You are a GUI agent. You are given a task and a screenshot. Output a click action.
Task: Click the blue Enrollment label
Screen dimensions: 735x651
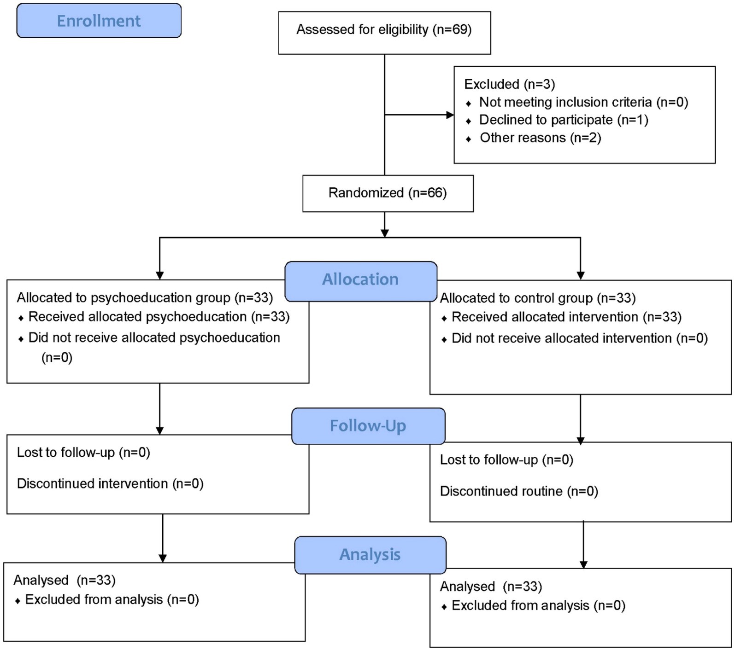99,21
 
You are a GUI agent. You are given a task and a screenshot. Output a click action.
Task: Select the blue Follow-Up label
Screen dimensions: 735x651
368,426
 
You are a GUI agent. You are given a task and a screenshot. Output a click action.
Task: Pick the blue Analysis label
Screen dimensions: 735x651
370,555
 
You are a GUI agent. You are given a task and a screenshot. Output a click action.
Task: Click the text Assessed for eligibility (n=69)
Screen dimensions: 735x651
384,30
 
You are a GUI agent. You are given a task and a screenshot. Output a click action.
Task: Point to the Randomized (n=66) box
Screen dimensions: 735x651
388,193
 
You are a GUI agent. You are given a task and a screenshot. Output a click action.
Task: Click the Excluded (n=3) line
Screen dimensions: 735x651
510,84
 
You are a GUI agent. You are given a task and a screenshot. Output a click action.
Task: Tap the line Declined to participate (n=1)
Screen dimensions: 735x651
564,120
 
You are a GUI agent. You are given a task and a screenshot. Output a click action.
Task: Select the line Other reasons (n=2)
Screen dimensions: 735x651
541,138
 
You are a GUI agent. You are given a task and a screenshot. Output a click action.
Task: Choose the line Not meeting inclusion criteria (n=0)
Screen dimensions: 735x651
583,102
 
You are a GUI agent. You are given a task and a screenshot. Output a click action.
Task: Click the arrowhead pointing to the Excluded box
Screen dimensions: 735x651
450,115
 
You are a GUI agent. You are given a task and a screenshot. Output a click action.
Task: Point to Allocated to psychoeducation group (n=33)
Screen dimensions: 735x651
145,298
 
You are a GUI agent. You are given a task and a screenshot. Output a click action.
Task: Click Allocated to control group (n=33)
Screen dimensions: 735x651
538,298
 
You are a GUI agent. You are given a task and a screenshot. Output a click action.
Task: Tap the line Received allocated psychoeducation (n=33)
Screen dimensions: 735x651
159,317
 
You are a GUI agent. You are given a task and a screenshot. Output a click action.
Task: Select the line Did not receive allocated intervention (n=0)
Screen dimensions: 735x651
580,338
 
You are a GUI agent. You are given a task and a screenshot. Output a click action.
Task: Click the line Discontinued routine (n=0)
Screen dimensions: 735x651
519,492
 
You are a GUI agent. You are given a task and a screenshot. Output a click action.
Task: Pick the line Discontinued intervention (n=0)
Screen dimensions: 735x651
110,484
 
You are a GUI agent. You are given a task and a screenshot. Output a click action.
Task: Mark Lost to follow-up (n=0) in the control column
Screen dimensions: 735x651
506,460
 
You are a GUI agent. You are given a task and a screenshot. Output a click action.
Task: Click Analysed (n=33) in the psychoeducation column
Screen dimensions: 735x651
65,581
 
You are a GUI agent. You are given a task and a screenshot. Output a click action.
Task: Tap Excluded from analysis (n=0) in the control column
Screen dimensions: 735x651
539,606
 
